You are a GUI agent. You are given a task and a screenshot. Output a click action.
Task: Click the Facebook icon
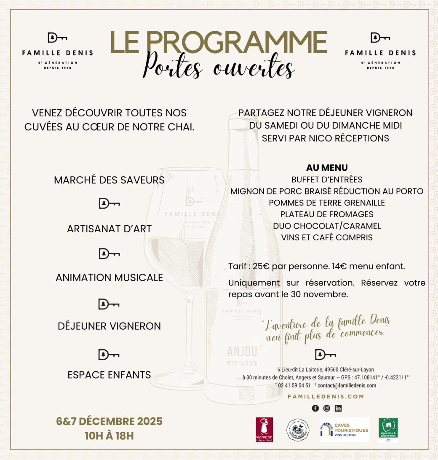[x=315, y=408]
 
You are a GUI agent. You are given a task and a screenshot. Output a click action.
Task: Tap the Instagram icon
[x=326, y=408]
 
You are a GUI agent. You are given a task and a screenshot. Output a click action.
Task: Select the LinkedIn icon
[x=338, y=408]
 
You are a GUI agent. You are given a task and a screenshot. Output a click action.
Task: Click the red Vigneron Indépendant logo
[x=264, y=430]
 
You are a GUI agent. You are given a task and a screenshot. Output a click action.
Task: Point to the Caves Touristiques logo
[x=344, y=430]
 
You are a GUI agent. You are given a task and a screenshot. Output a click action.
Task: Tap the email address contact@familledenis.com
[x=347, y=385]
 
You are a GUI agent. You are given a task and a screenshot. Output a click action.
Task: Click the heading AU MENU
[x=327, y=168]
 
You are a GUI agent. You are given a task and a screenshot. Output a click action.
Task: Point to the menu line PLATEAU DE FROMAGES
[x=327, y=214]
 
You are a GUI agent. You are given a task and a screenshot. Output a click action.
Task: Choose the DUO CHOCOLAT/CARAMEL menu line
[x=327, y=226]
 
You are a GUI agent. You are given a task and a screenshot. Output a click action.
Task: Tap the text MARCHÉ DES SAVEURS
[x=109, y=180]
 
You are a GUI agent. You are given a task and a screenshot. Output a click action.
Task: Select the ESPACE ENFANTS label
[x=109, y=375]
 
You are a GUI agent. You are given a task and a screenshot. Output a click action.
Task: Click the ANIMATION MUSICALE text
[x=109, y=277]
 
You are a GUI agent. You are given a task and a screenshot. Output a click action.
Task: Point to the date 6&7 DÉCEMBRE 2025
[x=109, y=421]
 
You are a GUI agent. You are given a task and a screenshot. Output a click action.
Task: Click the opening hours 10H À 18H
[x=109, y=436]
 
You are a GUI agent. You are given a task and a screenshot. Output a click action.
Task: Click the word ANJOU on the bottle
[x=242, y=351]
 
